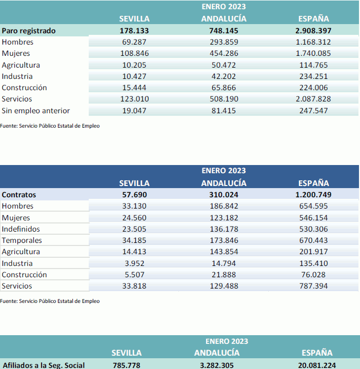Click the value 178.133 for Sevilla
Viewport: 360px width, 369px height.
pos(134,31)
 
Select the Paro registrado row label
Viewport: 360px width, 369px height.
pos(29,31)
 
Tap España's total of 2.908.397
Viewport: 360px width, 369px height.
pos(313,31)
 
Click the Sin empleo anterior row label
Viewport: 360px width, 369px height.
pos(36,111)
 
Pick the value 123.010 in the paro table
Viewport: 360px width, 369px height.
pos(134,99)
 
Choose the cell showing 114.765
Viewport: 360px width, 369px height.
pos(313,65)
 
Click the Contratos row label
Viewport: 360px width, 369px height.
pos(19,195)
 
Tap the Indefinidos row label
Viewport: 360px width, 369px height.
pos(21,229)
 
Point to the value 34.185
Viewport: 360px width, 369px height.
pos(134,240)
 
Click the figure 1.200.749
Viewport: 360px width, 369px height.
pos(313,195)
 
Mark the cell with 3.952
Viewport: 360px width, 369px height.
pos(134,263)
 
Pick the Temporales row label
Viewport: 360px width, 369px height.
pos(22,240)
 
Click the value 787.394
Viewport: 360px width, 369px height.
pos(313,286)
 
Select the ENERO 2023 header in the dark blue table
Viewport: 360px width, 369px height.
pos(224,171)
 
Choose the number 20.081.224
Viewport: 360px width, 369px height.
pos(317,365)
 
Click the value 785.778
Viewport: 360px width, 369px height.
pos(127,365)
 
